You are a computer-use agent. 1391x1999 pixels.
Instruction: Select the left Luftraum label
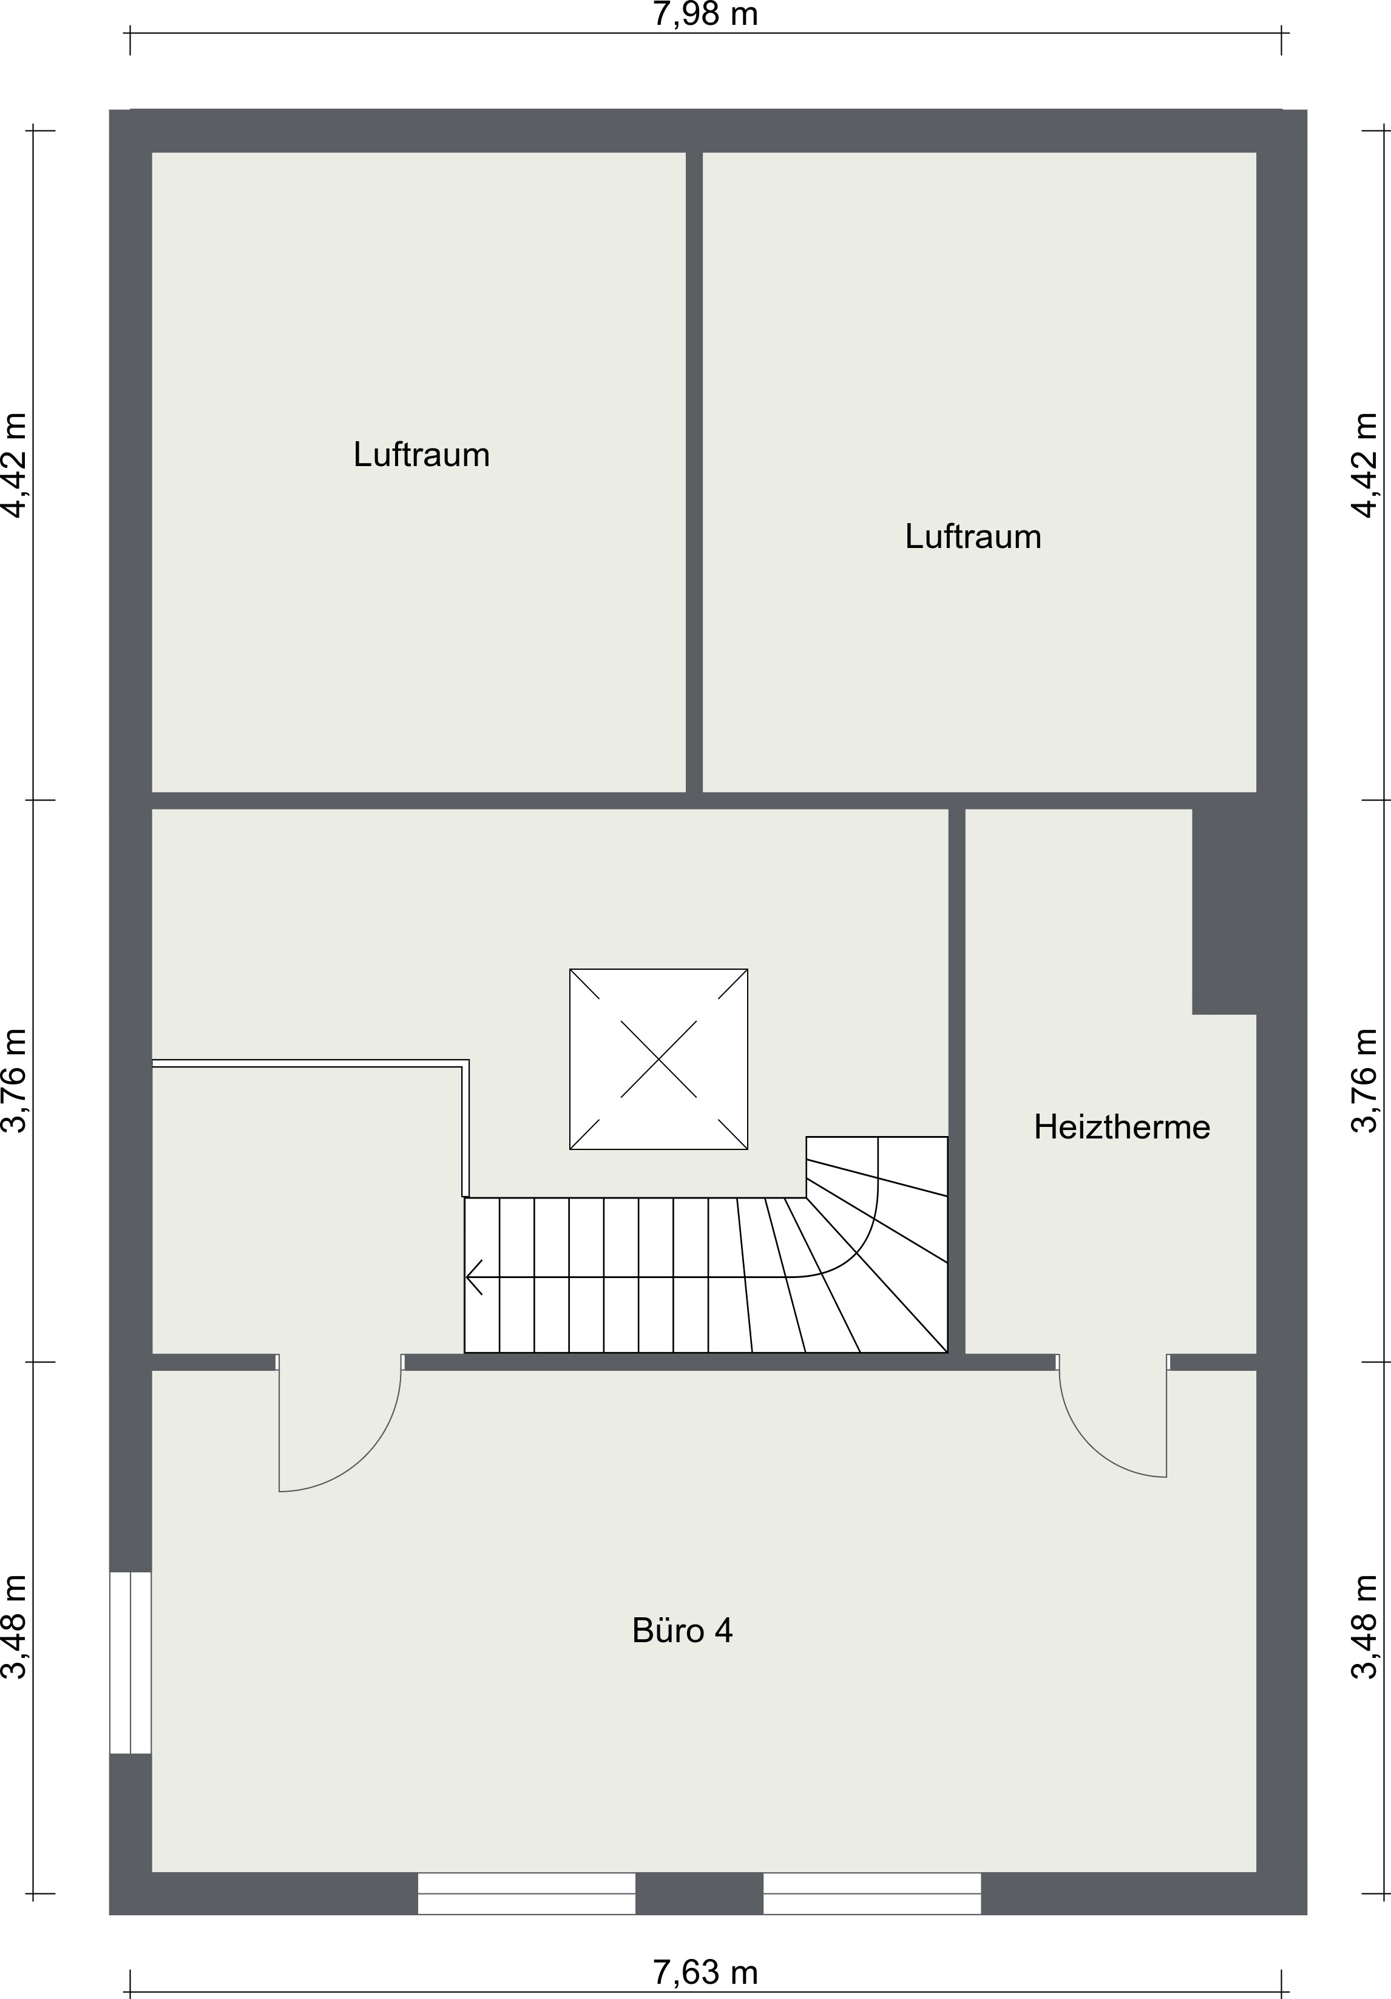(421, 455)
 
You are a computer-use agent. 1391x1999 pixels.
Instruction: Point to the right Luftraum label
(973, 536)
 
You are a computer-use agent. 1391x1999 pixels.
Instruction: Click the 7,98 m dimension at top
(705, 15)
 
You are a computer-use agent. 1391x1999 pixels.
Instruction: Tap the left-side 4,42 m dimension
(15, 465)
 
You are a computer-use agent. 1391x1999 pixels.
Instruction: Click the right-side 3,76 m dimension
(1365, 1080)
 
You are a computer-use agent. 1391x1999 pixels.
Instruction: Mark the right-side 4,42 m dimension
(1365, 465)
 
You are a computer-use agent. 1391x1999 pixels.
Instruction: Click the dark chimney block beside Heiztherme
(1224, 912)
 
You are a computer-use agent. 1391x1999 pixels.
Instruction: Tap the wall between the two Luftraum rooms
(694, 472)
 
